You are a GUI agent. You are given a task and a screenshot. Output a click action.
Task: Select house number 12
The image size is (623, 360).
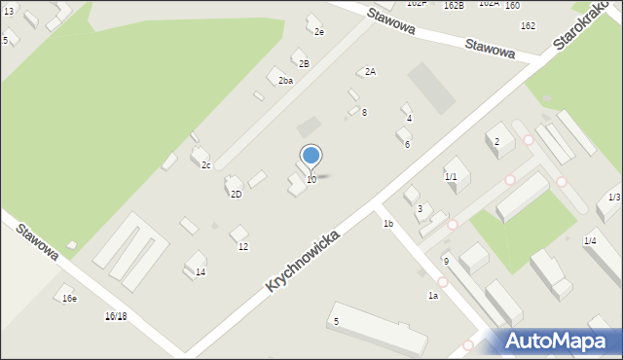pyautogui.click(x=243, y=247)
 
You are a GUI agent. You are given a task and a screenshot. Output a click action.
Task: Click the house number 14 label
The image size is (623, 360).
pyautogui.click(x=201, y=272)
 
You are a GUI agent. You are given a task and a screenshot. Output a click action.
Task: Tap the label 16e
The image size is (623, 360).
pyautogui.click(x=69, y=299)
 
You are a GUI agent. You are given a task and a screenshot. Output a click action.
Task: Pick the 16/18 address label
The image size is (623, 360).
pyautogui.click(x=116, y=317)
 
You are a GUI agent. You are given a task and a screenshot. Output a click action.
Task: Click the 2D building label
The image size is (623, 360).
pyautogui.click(x=236, y=195)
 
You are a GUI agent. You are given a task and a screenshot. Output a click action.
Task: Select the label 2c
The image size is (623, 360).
pyautogui.click(x=205, y=165)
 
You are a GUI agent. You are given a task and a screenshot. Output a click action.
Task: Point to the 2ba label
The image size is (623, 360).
pyautogui.click(x=285, y=81)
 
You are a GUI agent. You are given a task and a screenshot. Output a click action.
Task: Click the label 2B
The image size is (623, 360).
pyautogui.click(x=304, y=64)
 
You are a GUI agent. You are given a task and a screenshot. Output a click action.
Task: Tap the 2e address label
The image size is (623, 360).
pyautogui.click(x=318, y=32)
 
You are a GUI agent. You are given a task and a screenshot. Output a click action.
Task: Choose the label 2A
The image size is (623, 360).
pyautogui.click(x=370, y=72)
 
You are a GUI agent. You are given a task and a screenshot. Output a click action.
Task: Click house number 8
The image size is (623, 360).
pyautogui.click(x=364, y=113)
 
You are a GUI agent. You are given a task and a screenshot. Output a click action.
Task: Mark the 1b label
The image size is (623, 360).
pyautogui.click(x=387, y=224)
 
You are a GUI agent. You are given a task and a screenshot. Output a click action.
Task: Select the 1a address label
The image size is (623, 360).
pyautogui.click(x=432, y=295)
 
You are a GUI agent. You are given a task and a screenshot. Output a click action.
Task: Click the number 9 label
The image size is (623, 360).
pyautogui.click(x=446, y=262)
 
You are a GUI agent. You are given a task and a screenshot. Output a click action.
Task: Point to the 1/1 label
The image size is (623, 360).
pyautogui.click(x=451, y=177)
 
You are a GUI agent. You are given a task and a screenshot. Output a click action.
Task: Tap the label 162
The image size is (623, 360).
pyautogui.click(x=528, y=25)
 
